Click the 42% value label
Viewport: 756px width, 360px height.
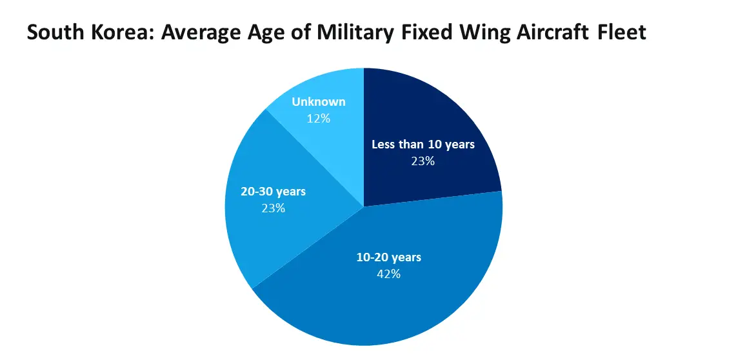(x=388, y=274)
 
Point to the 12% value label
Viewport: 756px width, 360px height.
(x=319, y=118)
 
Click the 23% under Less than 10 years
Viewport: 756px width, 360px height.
(x=423, y=161)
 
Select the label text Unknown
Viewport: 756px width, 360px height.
(x=319, y=102)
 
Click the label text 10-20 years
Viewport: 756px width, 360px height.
(x=389, y=257)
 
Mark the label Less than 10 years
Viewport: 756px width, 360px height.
(x=423, y=145)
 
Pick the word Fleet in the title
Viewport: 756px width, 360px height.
(x=621, y=32)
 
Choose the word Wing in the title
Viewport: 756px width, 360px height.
(x=478, y=32)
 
